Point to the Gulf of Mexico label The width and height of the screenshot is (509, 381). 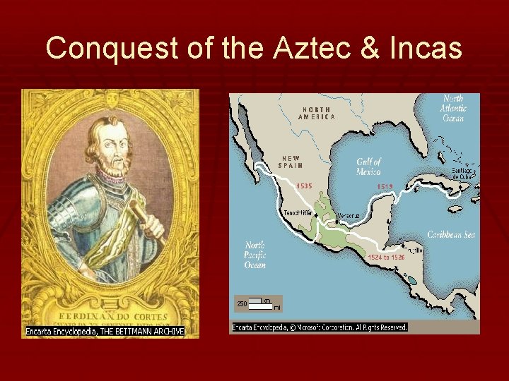pos(368,167)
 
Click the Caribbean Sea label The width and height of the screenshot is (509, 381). pos(450,235)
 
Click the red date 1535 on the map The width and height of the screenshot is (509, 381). pos(304,186)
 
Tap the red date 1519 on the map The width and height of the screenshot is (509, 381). pos(385,186)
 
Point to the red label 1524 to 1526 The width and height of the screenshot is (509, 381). pos(385,258)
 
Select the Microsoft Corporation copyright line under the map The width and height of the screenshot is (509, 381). pos(320,327)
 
